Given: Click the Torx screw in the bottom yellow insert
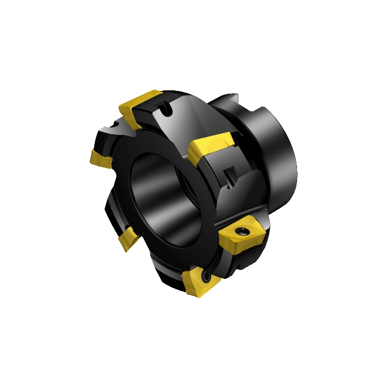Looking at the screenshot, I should click(x=206, y=274).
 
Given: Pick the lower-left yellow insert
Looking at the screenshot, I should click(x=127, y=239).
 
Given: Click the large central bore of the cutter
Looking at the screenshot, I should click(x=161, y=188).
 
